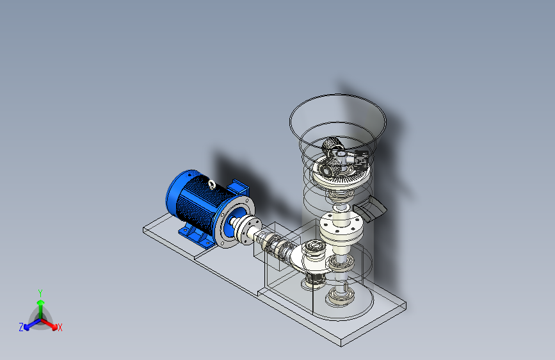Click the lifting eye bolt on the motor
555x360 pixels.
pos(212,184)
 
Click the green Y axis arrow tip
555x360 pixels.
pos(41,302)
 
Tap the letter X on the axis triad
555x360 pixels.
pos(60,328)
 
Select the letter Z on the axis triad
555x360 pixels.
pos(21,327)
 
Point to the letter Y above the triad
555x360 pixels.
pos(40,293)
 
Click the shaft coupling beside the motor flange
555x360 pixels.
pos(250,229)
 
